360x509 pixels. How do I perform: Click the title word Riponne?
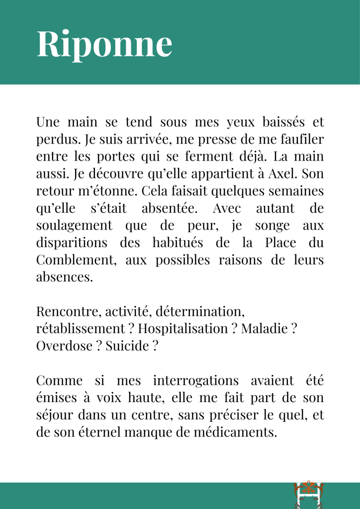click(x=104, y=44)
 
